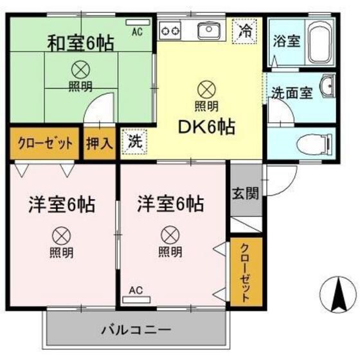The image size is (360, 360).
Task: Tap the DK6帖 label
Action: [x=206, y=127]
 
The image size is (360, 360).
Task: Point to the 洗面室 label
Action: [x=291, y=92]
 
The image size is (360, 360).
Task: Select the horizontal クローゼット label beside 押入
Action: [x=45, y=143]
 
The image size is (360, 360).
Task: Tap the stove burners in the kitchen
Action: [x=171, y=30]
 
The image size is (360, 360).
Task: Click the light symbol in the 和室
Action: [x=81, y=67]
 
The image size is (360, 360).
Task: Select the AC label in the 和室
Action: [x=137, y=30]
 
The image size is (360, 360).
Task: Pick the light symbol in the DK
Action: [x=206, y=87]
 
